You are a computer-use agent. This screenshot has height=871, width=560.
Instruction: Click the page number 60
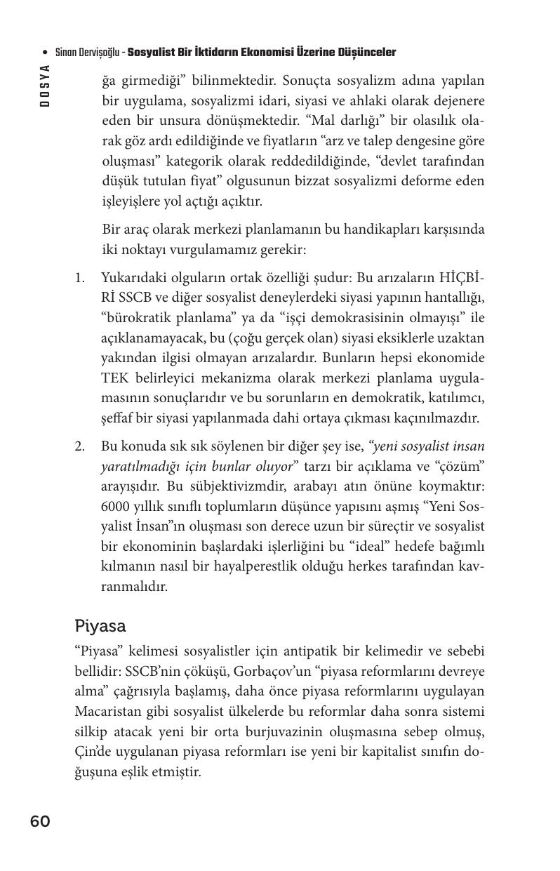pos(40,821)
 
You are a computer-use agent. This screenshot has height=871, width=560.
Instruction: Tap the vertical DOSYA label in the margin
pos(45,85)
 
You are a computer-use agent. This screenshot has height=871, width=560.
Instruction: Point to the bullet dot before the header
pos(46,53)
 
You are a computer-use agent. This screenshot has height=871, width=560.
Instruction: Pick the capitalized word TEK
pos(114,378)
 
